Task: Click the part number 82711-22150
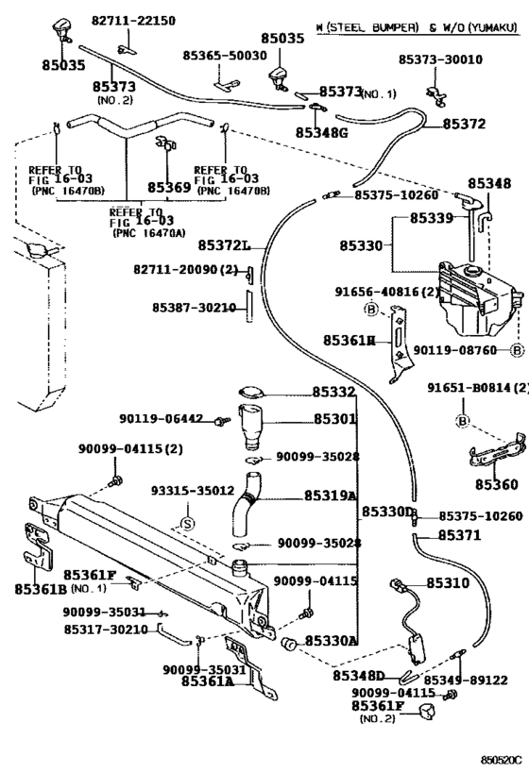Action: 133,21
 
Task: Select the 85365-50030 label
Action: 225,55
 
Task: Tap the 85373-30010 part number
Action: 440,59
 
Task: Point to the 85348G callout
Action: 322,133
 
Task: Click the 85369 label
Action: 169,187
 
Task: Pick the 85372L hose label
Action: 225,245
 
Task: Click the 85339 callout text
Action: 432,217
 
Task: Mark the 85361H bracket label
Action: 350,340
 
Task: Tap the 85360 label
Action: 497,484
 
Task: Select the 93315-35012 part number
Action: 193,491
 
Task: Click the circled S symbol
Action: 188,524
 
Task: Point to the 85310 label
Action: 448,583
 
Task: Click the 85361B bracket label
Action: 41,589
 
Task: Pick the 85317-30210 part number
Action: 106,630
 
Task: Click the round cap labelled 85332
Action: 251,393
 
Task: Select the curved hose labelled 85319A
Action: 247,503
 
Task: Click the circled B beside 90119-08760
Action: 517,350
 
